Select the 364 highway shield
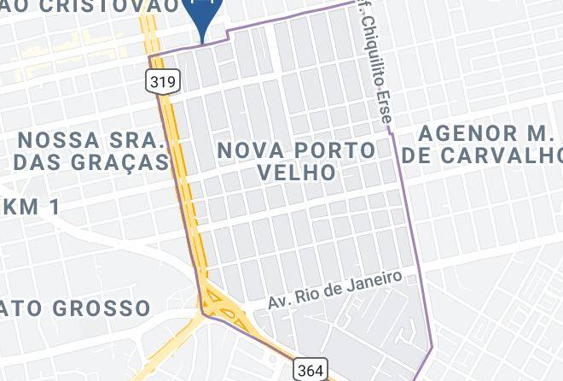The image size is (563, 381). coord(309,369)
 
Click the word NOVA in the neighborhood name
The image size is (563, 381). coord(250,150)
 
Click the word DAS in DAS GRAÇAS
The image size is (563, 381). coord(39,161)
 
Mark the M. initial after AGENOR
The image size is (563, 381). coord(544,133)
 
